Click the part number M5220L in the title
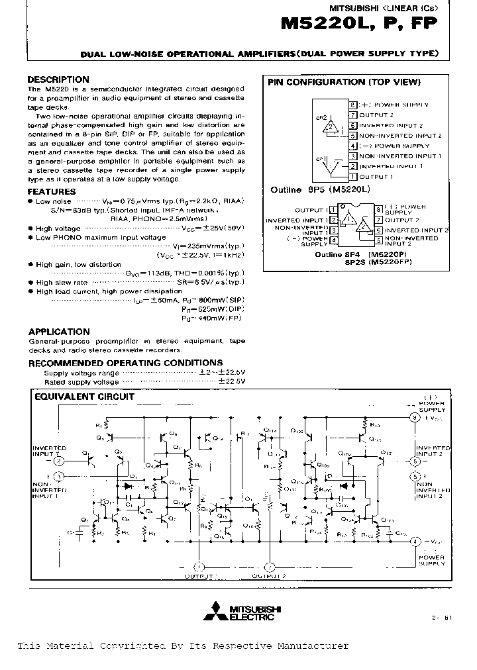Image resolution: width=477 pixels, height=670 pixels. (x=319, y=24)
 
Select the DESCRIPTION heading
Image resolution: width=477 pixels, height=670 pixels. (x=58, y=80)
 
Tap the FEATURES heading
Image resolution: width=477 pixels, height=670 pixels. (x=52, y=192)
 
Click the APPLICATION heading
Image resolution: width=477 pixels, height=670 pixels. (x=59, y=332)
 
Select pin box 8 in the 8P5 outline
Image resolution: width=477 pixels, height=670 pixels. (x=353, y=105)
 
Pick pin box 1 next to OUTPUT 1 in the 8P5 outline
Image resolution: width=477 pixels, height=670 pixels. (x=353, y=177)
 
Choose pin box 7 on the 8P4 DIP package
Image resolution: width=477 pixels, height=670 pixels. (x=378, y=220)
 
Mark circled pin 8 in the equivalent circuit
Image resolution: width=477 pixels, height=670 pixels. (x=415, y=418)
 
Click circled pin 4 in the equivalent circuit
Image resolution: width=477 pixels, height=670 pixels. (x=415, y=542)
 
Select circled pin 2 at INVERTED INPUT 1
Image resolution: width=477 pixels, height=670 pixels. (x=59, y=461)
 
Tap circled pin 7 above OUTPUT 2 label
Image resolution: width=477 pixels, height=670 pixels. (x=269, y=567)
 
